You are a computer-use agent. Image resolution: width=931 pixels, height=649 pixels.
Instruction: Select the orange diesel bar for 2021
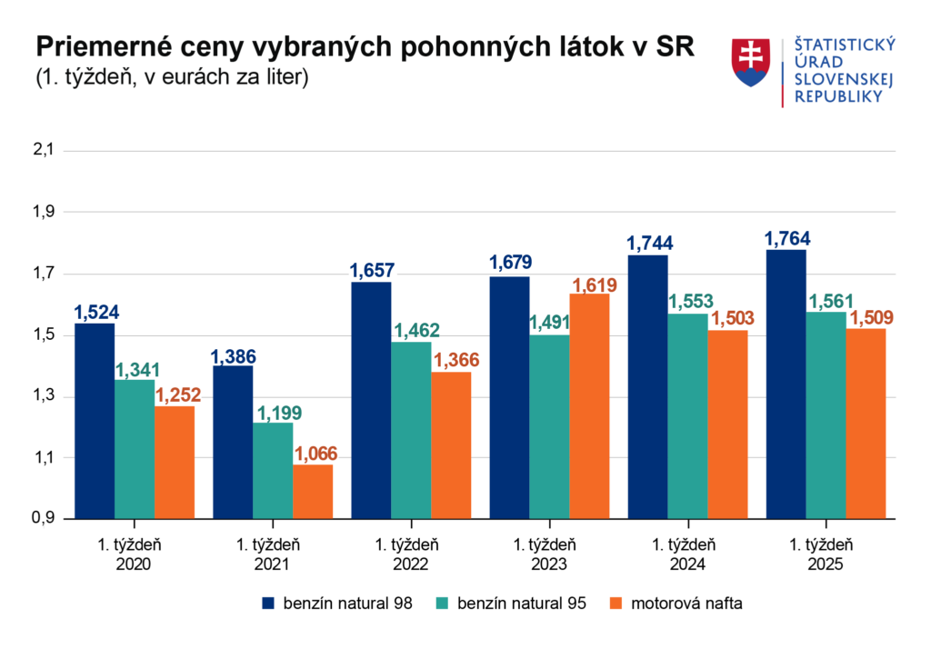[x=313, y=491]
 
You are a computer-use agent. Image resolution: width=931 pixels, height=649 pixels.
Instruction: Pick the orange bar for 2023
[x=589, y=405]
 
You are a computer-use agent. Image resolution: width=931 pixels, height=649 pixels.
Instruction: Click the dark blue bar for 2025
[x=786, y=383]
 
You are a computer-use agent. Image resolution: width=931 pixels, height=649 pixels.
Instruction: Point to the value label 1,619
[x=594, y=285]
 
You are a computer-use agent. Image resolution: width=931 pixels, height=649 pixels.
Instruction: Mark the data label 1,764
[x=786, y=239]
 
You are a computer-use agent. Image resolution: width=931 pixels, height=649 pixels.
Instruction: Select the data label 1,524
[x=96, y=313]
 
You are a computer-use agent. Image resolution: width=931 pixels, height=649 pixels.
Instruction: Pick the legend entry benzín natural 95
[x=513, y=603]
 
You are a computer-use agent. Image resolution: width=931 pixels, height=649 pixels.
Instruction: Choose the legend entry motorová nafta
[x=678, y=603]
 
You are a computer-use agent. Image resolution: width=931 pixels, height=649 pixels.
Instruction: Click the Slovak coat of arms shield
[x=751, y=63]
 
